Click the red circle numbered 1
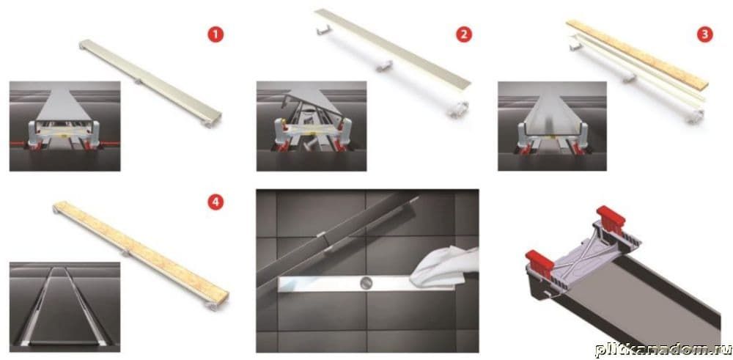216,34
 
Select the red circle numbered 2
463,34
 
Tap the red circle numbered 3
704,34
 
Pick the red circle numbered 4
216,202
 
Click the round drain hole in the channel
366,282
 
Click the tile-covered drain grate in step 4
141,254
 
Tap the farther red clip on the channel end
611,217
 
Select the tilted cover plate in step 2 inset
312,102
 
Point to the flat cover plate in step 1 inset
64,105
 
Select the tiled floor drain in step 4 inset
65,306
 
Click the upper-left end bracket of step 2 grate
323,30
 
